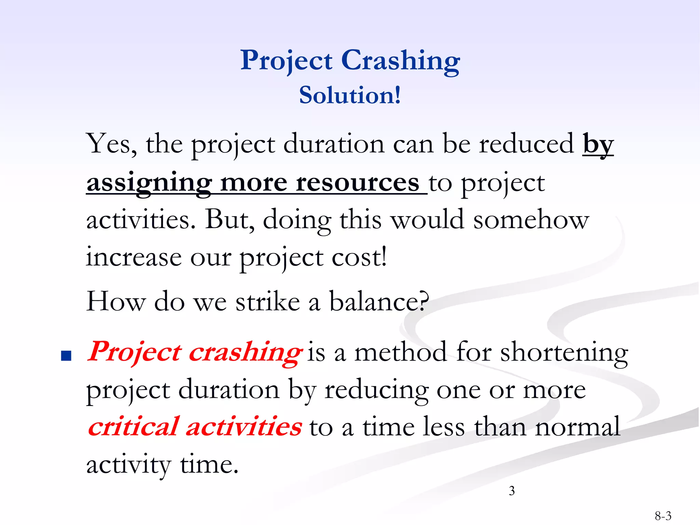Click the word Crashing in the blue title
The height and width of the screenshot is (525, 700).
(401, 61)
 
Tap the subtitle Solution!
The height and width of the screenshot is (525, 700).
(350, 95)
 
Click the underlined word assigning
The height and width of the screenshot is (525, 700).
(149, 183)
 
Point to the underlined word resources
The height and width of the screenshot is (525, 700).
(357, 183)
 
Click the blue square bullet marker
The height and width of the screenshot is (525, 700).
(66, 356)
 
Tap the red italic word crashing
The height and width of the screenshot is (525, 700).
(245, 352)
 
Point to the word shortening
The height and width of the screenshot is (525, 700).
(564, 352)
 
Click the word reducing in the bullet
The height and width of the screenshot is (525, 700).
(376, 390)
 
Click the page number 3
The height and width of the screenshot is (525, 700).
(512, 491)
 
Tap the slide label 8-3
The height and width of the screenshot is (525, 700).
(663, 515)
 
